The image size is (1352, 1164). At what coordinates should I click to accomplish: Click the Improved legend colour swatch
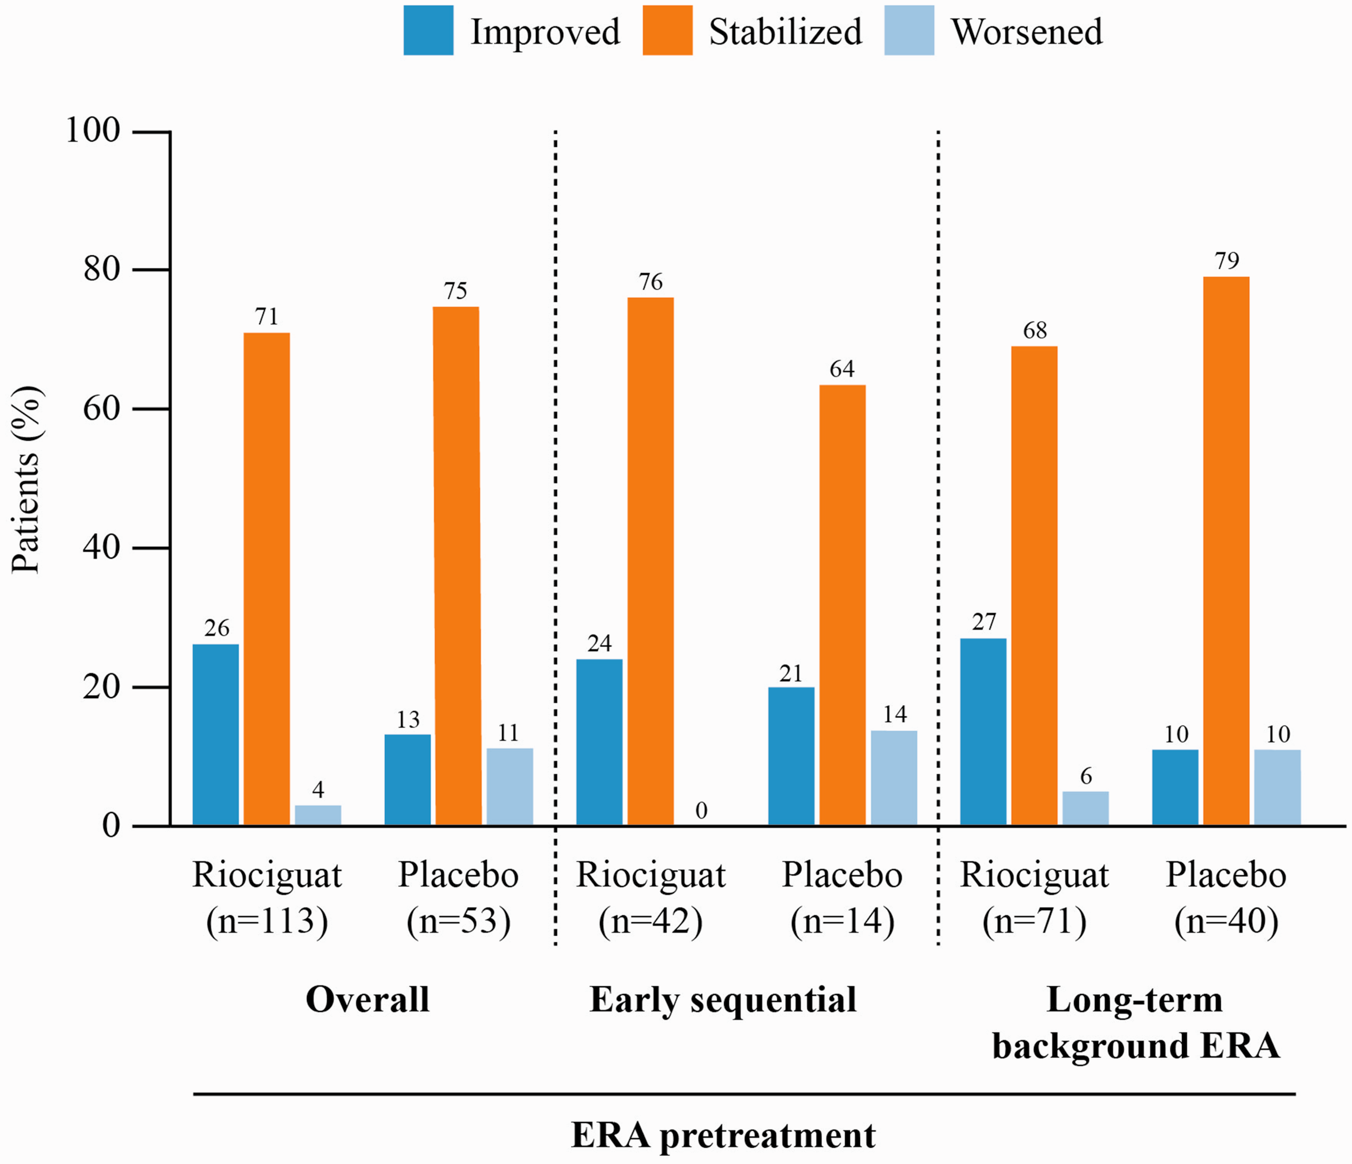428,30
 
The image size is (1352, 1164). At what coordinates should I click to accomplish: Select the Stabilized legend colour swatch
667,30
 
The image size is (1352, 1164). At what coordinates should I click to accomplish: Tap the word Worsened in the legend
1027,31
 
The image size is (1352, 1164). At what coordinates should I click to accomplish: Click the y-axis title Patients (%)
26,479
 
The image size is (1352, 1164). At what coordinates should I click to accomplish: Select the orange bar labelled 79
1226,551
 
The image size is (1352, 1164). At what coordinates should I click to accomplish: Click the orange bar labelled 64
843,605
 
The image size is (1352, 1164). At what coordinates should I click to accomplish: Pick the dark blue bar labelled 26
215,735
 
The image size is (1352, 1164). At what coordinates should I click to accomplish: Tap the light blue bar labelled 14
894,778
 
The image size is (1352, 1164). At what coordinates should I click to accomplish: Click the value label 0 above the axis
702,811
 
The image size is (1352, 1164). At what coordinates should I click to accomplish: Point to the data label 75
455,290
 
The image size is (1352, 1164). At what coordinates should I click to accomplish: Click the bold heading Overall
367,999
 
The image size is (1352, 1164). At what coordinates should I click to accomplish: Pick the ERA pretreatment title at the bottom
723,1136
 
